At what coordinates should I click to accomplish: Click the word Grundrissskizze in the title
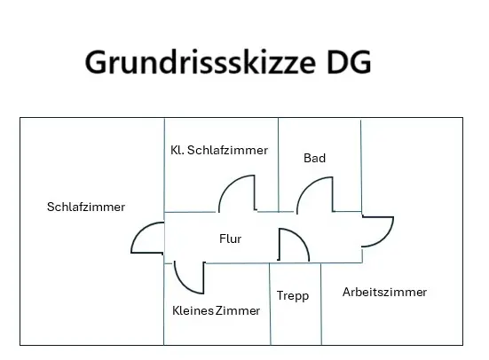tap(201, 62)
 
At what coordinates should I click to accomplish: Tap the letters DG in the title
tap(349, 62)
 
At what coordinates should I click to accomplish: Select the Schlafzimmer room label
tap(86, 207)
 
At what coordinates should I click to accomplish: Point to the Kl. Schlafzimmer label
tap(219, 150)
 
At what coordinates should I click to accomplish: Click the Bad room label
tap(315, 158)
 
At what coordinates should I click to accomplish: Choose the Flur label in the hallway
tap(230, 239)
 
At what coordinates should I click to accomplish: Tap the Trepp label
tap(293, 296)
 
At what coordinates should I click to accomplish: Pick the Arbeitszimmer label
tap(384, 292)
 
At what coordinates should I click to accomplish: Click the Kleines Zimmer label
tap(217, 310)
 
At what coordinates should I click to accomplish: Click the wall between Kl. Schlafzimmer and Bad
tap(278, 165)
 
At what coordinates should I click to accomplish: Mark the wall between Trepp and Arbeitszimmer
tap(321, 304)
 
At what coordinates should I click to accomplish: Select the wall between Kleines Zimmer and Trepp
tap(270, 304)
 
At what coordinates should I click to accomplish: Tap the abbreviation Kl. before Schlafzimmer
tap(177, 150)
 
